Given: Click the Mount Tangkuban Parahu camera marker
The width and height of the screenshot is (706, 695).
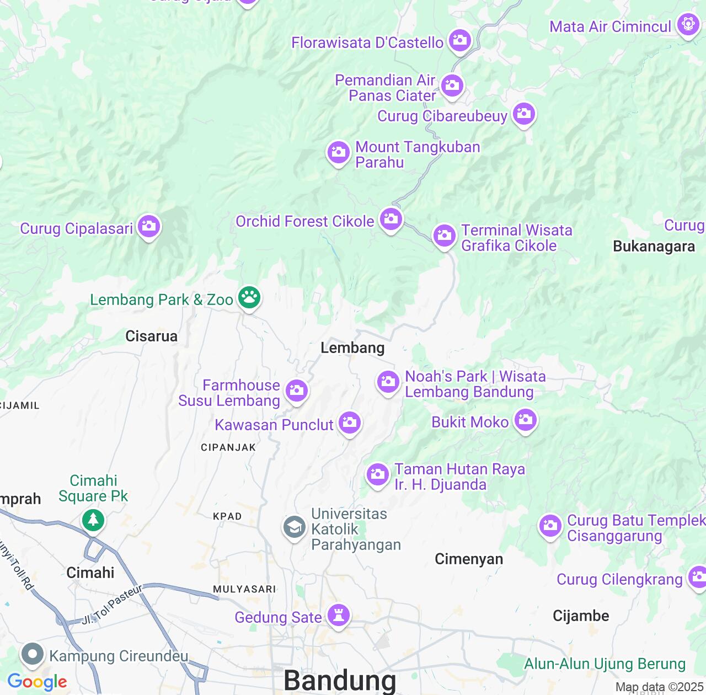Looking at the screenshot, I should (x=338, y=152).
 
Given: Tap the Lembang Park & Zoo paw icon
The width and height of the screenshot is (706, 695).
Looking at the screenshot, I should (x=249, y=298).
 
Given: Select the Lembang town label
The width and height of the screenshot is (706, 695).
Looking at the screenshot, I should (x=352, y=348).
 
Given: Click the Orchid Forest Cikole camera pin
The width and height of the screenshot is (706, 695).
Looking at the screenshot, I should (x=391, y=219).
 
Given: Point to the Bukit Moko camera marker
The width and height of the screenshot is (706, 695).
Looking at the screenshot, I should (x=525, y=420).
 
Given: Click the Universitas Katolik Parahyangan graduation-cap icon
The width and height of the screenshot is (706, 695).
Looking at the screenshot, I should (x=295, y=527).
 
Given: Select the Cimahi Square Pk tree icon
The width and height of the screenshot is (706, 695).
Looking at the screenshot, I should (x=93, y=519).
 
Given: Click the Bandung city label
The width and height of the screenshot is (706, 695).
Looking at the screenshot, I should (x=340, y=681).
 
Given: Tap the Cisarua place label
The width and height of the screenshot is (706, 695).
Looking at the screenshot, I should (x=151, y=336).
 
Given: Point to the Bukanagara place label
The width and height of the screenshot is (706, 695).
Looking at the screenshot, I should (x=654, y=247).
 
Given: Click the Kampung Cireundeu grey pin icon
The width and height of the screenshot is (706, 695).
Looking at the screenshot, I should (x=33, y=655).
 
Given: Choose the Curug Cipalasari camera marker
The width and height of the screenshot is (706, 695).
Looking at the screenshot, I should (x=148, y=226).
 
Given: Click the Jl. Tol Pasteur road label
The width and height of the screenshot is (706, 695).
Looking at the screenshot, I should (x=112, y=605).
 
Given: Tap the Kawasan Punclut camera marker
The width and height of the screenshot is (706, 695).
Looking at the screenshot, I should (x=349, y=423).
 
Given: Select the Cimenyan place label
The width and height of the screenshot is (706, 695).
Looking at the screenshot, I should (x=469, y=559).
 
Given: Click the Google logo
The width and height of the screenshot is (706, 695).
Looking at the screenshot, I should (x=38, y=682).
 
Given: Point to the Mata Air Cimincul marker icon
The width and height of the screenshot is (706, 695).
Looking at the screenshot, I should (x=688, y=25).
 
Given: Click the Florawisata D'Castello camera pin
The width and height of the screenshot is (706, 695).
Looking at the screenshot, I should (x=459, y=40).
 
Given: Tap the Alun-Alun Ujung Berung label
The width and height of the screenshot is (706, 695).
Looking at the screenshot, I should (x=605, y=664).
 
